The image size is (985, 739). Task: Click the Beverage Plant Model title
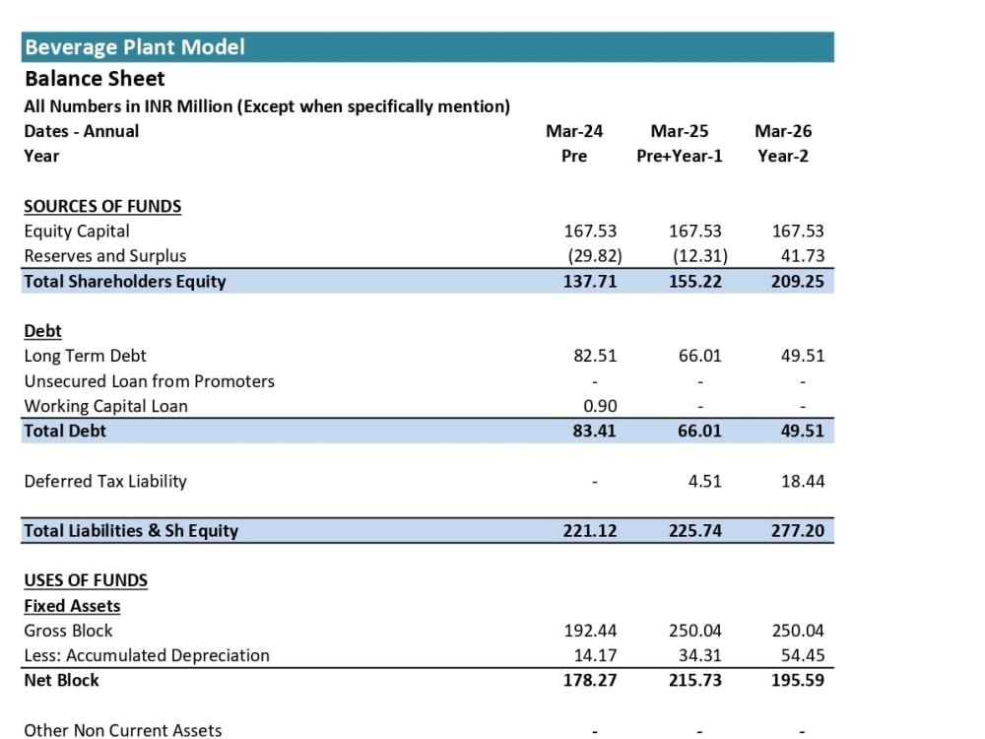click(x=134, y=47)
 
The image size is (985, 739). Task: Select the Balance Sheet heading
click(x=95, y=79)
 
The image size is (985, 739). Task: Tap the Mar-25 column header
click(x=679, y=131)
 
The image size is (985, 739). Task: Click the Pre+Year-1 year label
click(x=679, y=156)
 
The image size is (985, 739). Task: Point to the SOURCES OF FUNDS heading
click(x=102, y=206)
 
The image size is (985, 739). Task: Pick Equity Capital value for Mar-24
click(x=590, y=232)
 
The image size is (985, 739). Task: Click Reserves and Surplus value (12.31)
click(x=699, y=256)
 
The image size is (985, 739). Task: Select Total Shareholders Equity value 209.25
click(x=797, y=281)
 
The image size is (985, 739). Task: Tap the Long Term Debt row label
click(x=85, y=356)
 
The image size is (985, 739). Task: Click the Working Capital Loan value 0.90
click(x=600, y=406)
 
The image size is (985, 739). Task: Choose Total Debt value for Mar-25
click(x=699, y=432)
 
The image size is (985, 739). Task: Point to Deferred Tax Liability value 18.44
click(x=802, y=482)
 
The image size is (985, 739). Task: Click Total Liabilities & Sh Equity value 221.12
click(x=589, y=531)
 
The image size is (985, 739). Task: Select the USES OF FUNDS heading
click(x=86, y=580)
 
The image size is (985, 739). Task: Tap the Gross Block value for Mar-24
click(x=590, y=631)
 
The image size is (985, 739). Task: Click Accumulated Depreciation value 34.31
click(x=699, y=655)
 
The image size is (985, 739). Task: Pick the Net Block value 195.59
click(x=797, y=681)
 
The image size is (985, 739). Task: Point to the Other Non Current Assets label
click(x=122, y=730)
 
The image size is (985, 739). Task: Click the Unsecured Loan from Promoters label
click(x=149, y=381)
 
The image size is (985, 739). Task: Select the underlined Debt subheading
click(x=42, y=331)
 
